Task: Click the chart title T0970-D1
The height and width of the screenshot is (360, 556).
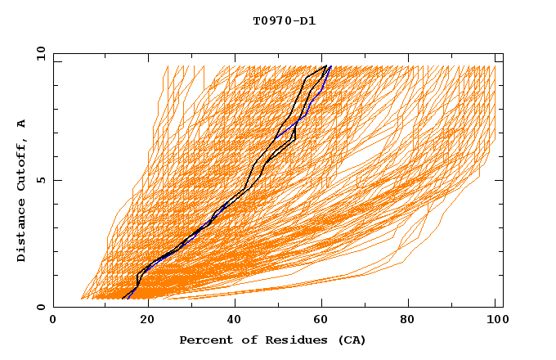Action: click(284, 20)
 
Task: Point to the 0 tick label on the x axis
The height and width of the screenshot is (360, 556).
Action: click(53, 321)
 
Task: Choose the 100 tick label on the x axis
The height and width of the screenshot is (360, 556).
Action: click(495, 321)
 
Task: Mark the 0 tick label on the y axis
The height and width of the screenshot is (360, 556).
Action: click(40, 307)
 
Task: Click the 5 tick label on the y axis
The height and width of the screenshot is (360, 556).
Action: click(40, 180)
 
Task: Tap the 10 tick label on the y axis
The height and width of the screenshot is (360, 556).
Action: click(40, 53)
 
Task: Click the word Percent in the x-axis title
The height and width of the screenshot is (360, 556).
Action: click(204, 340)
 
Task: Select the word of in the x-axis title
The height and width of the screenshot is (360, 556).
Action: click(247, 340)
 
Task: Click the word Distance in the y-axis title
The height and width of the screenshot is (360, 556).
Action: click(21, 232)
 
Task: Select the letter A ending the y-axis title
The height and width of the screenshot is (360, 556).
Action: click(21, 124)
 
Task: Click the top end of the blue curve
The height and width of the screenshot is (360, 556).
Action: click(329, 66)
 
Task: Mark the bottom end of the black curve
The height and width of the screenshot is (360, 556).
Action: click(122, 299)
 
